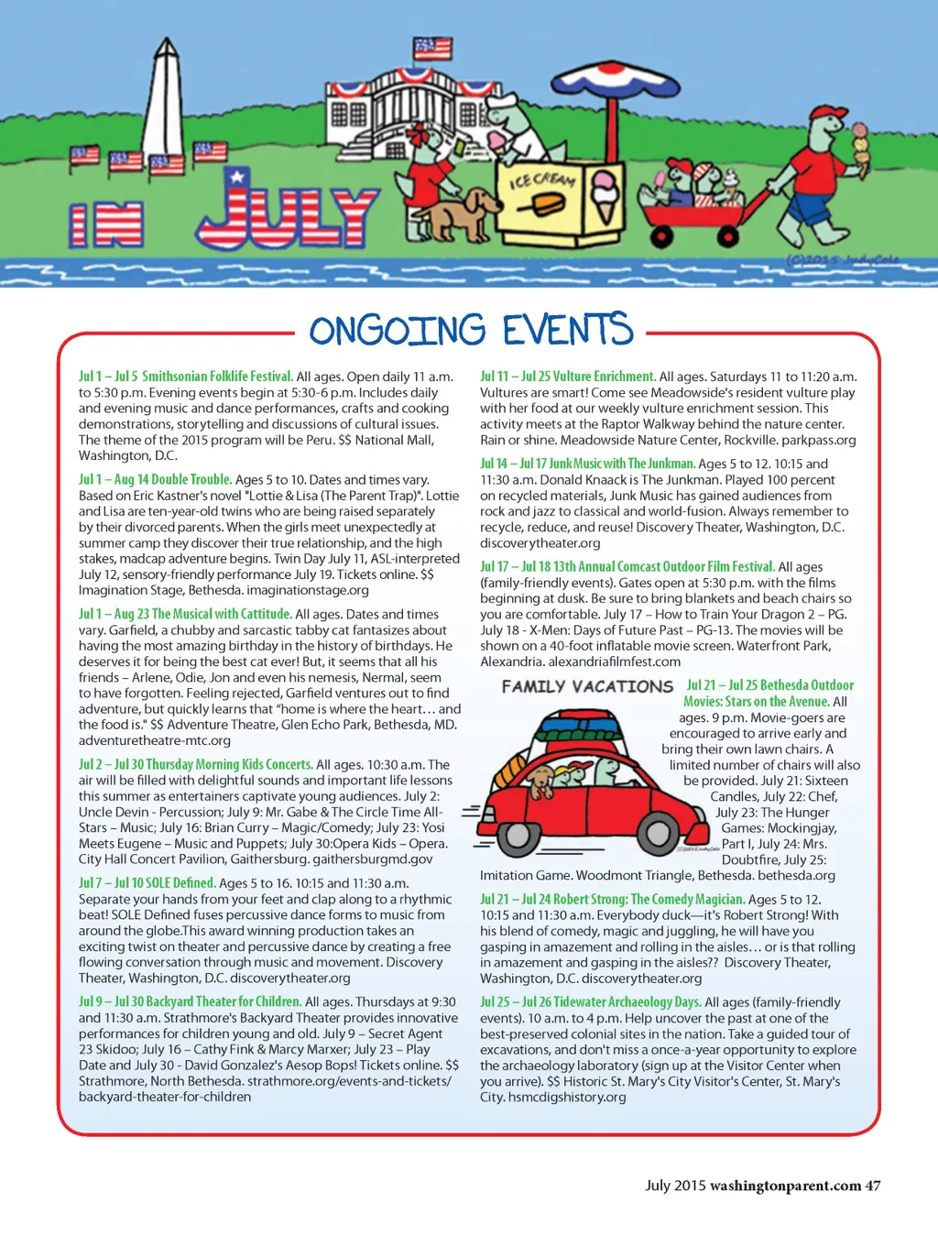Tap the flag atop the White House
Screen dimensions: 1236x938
(x=432, y=48)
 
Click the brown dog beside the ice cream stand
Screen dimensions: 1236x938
(x=466, y=213)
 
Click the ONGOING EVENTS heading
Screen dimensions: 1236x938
(x=471, y=331)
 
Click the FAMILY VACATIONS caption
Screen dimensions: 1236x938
(x=587, y=686)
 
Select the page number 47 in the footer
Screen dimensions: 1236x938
(x=873, y=1186)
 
